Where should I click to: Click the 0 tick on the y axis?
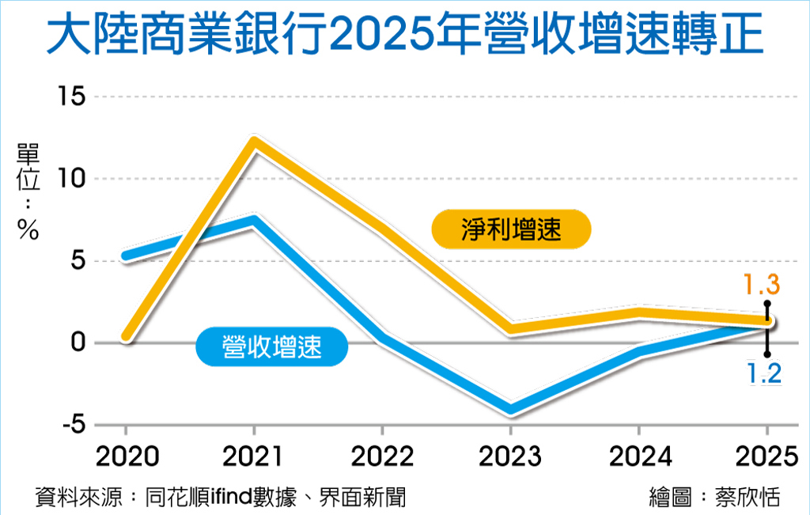[x=77, y=343]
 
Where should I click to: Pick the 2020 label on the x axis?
[x=127, y=456]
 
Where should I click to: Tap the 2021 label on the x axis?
[x=254, y=456]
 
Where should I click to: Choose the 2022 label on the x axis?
[x=382, y=456]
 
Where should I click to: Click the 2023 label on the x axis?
[x=510, y=456]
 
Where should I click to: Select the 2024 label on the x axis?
[x=638, y=456]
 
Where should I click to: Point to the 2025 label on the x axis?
[x=766, y=456]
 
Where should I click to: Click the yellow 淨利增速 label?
[x=511, y=230]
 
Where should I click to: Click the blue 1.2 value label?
[x=764, y=373]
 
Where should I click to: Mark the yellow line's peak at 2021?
[x=254, y=143]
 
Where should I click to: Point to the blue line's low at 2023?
[x=510, y=410]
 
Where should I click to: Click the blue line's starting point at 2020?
[x=127, y=256]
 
